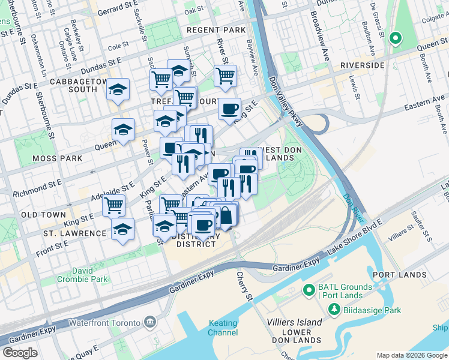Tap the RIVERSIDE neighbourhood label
point(362,65)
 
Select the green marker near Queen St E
point(395,39)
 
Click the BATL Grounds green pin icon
point(309,291)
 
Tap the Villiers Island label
point(294,322)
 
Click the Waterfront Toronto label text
point(104,322)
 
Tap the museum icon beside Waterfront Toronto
point(149,322)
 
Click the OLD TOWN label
point(43,214)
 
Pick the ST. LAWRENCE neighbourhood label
point(74,233)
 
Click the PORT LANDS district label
point(399,274)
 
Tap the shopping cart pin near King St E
point(113,205)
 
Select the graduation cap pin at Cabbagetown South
point(118,90)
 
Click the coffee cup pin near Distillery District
point(202,224)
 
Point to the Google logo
point(20,353)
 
